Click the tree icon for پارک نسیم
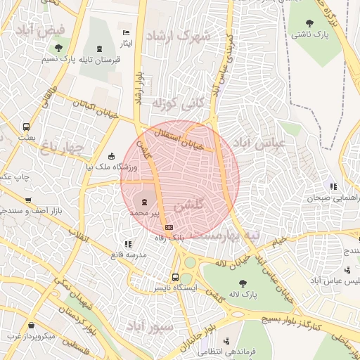tap(58, 48)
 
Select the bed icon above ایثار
tap(126, 33)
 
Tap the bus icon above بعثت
tap(26, 127)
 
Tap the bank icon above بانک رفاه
tap(169, 227)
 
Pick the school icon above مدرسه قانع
tap(127, 244)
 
